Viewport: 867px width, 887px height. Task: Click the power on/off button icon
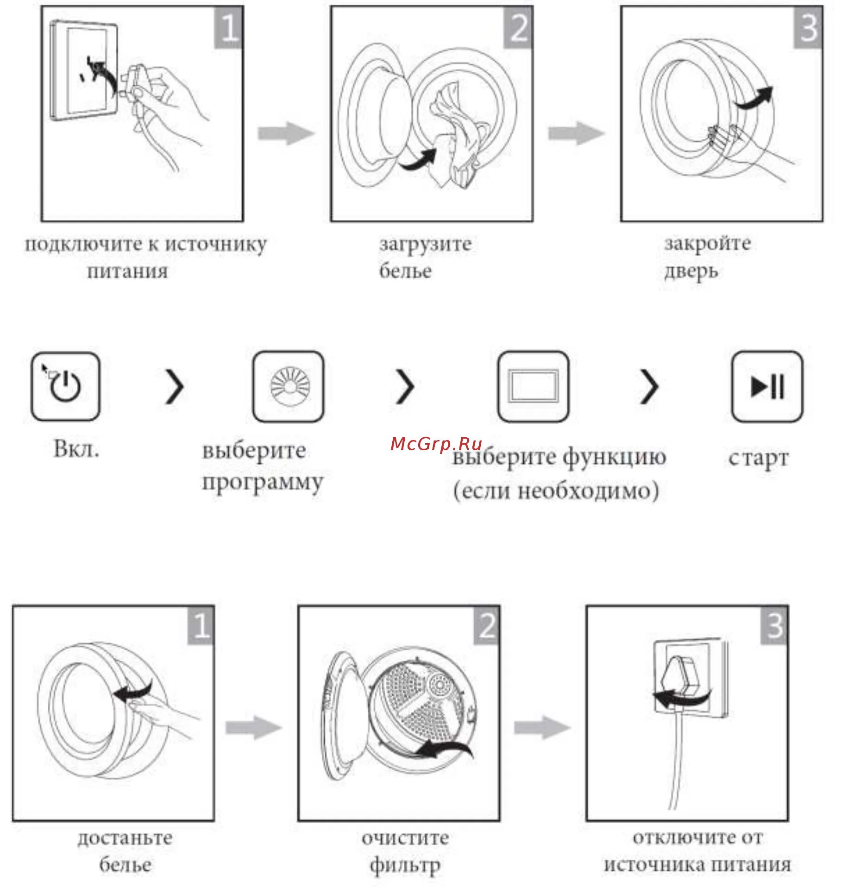click(65, 386)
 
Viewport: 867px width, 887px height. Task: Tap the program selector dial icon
click(288, 386)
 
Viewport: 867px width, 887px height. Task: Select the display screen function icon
click(533, 386)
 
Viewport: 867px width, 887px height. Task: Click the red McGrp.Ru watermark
click(436, 444)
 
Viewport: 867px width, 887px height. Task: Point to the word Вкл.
click(76, 448)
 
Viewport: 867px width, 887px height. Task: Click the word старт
click(758, 458)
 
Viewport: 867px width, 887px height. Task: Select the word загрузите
click(426, 244)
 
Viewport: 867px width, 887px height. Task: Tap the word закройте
click(708, 243)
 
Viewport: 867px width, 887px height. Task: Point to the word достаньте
click(125, 837)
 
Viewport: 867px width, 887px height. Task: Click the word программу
click(263, 483)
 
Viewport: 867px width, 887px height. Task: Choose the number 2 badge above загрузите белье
click(518, 28)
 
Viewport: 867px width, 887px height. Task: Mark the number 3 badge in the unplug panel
click(774, 625)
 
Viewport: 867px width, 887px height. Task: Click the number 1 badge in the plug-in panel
click(228, 28)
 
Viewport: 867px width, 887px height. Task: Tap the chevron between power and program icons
click(175, 386)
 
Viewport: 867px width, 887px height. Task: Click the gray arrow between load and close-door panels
click(576, 133)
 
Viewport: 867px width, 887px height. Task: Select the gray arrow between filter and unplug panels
click(542, 727)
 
